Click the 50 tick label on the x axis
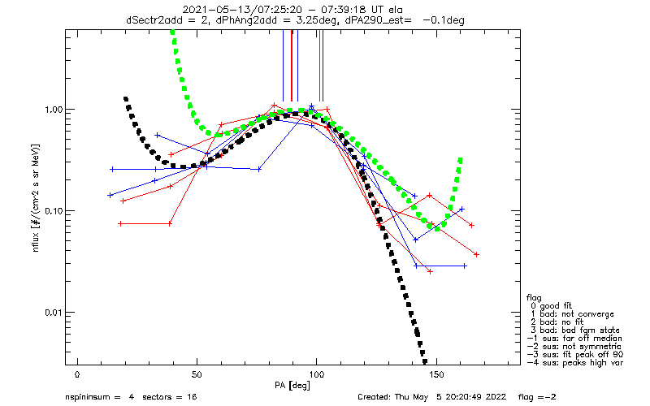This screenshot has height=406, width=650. coord(197,374)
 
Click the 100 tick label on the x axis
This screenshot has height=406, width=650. coord(316,374)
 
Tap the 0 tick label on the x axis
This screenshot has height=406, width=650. coord(77,374)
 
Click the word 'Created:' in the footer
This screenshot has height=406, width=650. coord(375,397)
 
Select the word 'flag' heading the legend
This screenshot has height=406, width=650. coord(535,295)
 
